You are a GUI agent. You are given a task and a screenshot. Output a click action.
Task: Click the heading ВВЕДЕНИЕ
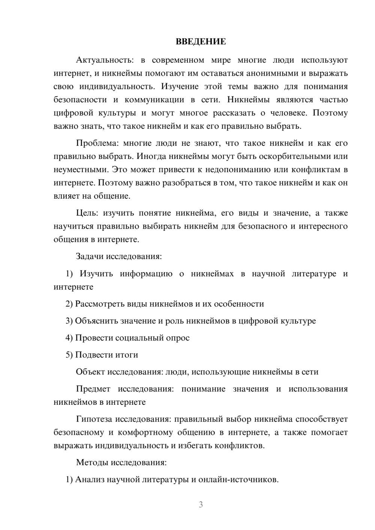[201, 42]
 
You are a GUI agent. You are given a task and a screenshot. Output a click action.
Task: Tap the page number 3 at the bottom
[201, 505]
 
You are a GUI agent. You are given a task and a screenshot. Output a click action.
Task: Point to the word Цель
[87, 213]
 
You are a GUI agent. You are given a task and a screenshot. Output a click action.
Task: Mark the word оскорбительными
[292, 156]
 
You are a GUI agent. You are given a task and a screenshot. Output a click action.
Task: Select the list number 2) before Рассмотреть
[69, 304]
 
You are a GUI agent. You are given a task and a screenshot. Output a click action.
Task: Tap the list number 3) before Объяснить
[69, 321]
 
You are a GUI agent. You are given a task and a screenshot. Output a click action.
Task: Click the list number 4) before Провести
[69, 338]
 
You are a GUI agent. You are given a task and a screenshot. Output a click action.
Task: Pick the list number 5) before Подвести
[69, 355]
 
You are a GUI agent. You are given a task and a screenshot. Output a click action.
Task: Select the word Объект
[90, 372]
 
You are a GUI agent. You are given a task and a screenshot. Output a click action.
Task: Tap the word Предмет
[93, 389]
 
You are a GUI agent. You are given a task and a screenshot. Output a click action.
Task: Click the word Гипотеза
[94, 419]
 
